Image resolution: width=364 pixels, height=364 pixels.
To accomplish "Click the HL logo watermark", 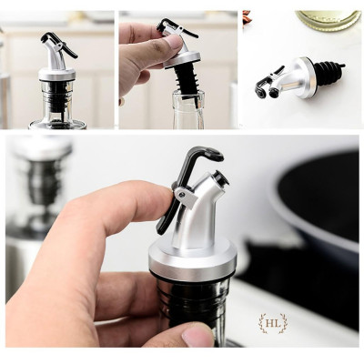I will pos(272,323).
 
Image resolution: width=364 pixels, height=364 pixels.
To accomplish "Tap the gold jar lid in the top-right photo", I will pos(327,19).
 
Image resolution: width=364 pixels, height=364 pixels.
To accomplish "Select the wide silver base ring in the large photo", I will pos(193,264).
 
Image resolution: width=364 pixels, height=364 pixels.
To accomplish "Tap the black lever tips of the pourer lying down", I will pos(263,87).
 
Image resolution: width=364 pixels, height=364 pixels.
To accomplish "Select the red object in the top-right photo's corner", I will pos(246,16).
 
